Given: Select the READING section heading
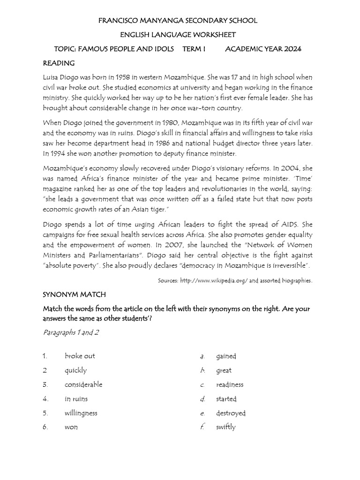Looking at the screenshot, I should [x=59, y=63].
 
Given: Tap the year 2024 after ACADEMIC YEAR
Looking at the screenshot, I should [x=292, y=49].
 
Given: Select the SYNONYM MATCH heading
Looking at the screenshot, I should [x=75, y=294].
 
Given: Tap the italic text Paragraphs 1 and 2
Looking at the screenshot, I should [x=71, y=332].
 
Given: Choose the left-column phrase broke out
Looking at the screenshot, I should [x=80, y=356].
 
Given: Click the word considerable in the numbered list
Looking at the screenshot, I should [x=83, y=384].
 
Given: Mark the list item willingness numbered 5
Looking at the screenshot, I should [x=81, y=413].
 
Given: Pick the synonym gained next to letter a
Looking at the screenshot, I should [x=226, y=356].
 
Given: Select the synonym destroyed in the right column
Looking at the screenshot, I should [x=231, y=413].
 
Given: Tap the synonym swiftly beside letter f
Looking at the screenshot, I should [x=226, y=427].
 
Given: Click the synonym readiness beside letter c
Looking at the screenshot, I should [x=230, y=384].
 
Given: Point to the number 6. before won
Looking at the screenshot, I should [x=45, y=427].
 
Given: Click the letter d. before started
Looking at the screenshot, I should [x=202, y=399].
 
